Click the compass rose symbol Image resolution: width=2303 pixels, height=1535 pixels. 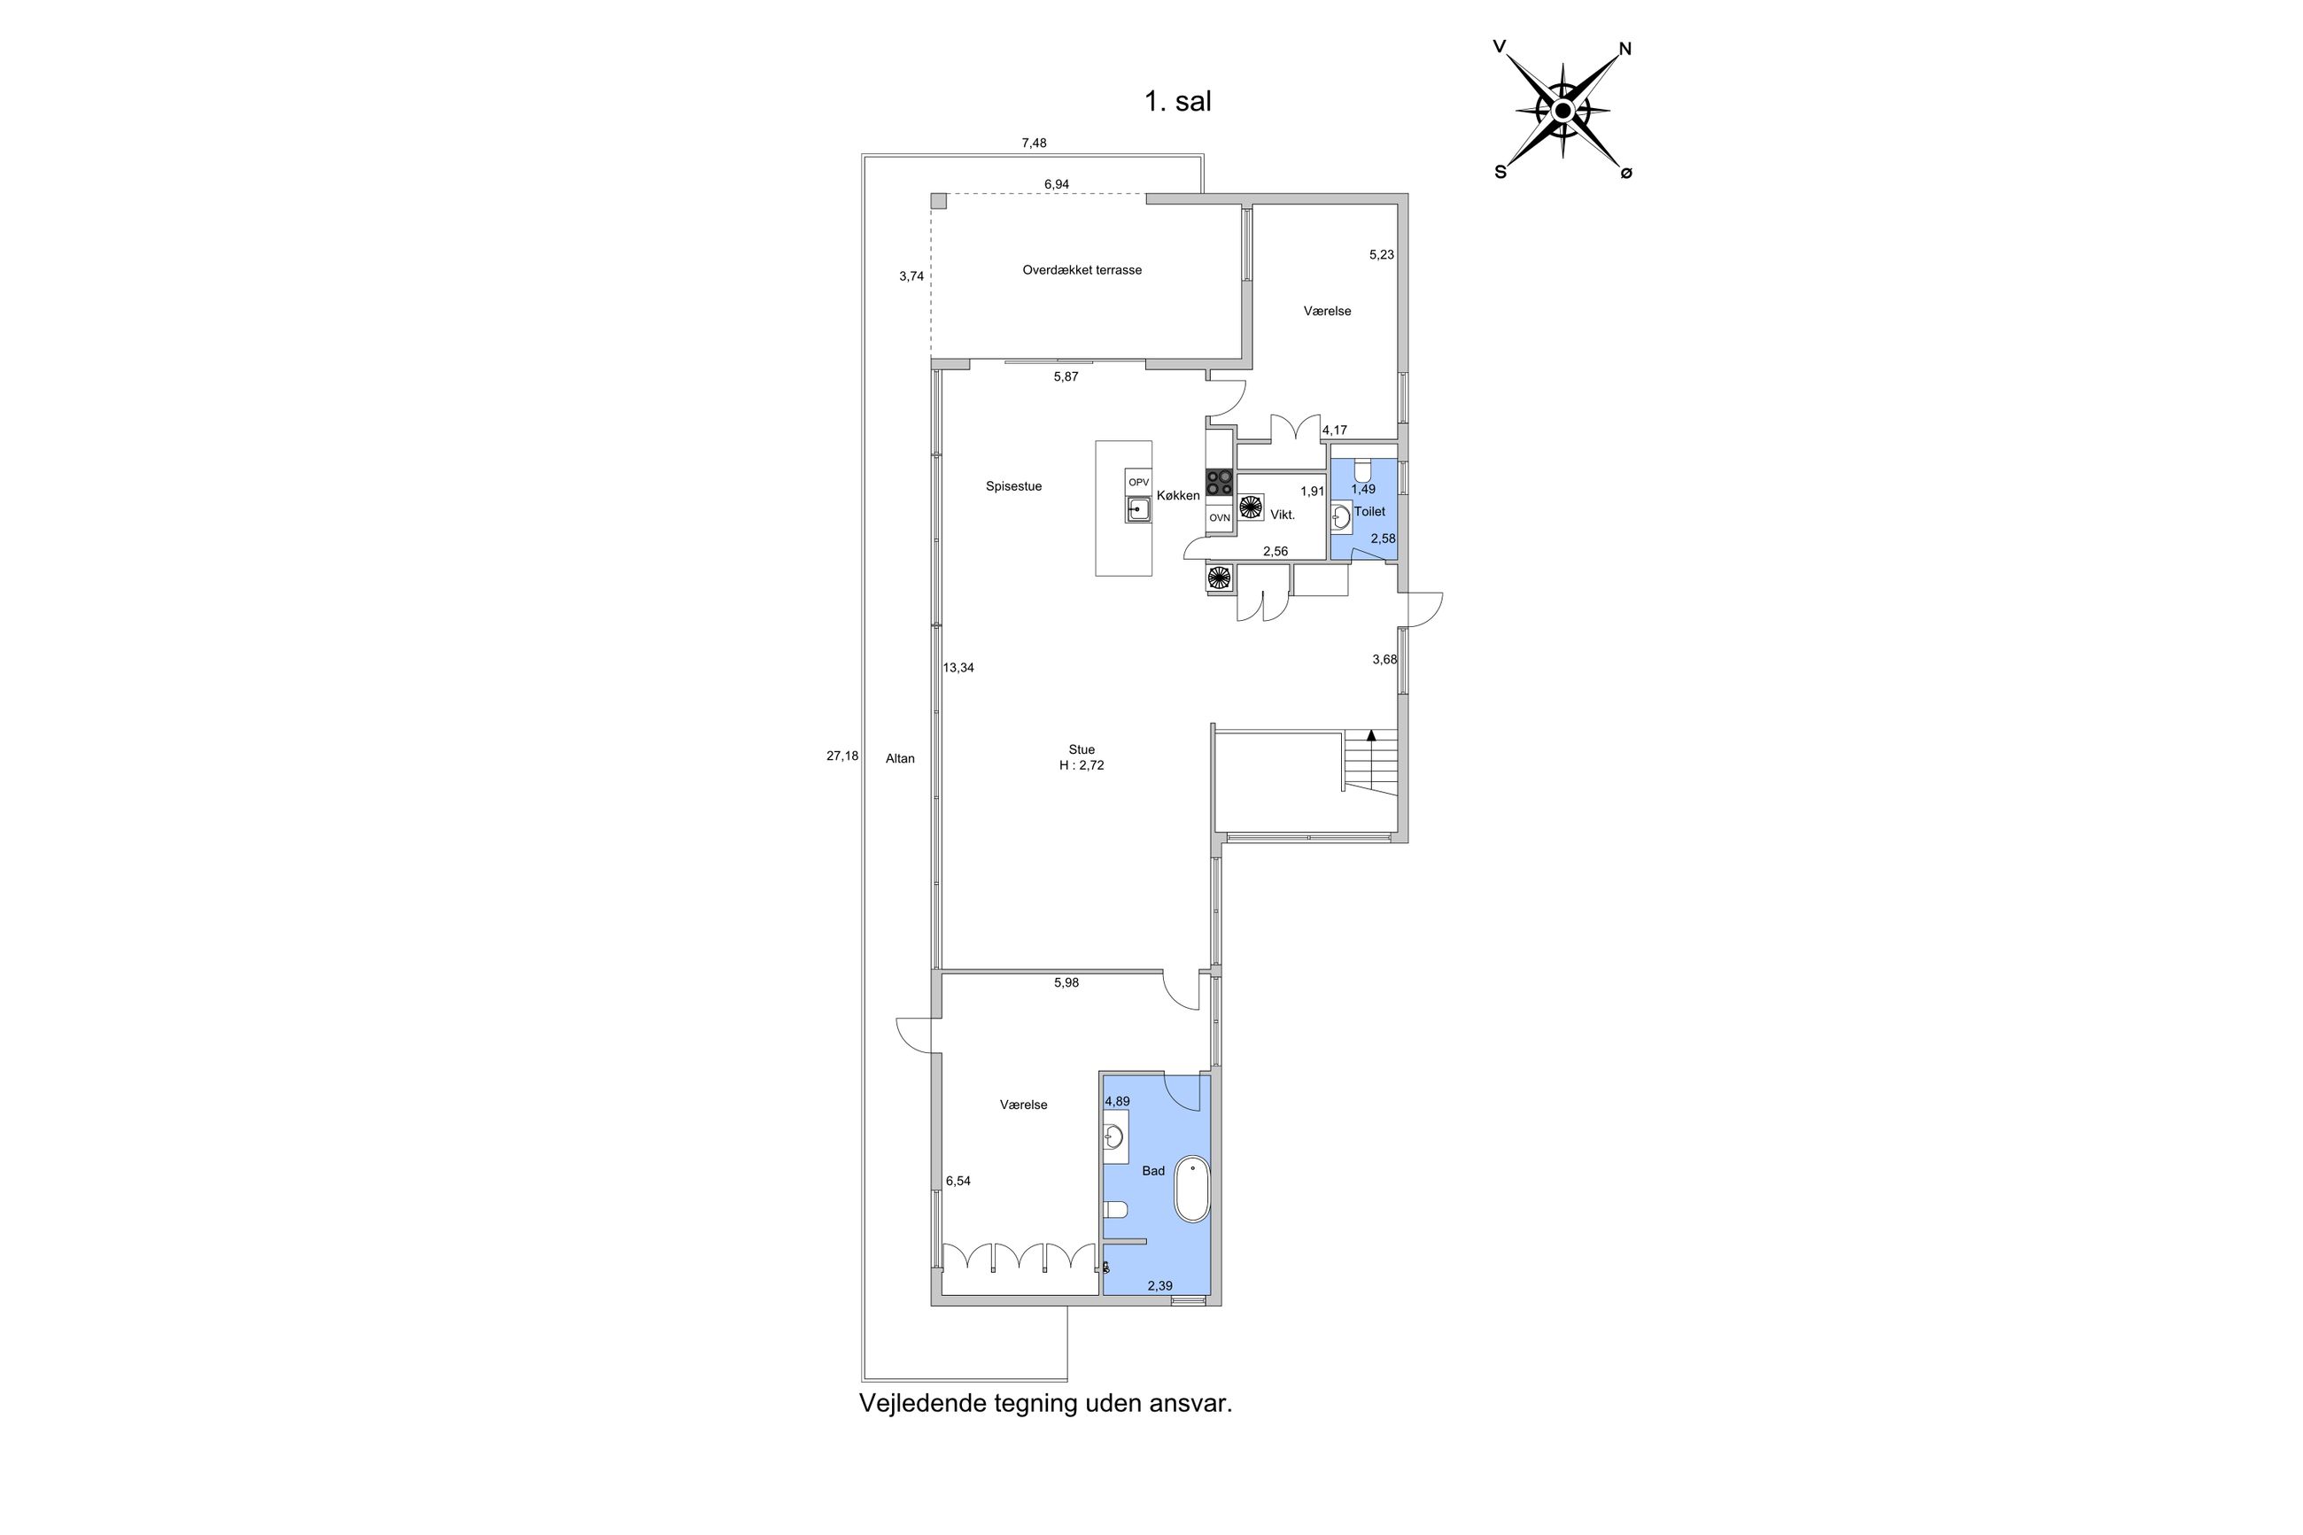tap(1563, 111)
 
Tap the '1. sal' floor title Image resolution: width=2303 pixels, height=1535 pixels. tap(1177, 102)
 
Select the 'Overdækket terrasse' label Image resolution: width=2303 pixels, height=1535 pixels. tap(1082, 270)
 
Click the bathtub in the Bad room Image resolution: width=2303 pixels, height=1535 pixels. tap(1191, 1189)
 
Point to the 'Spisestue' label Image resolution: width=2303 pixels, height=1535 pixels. tap(1013, 486)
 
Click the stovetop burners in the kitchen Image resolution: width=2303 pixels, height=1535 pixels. tap(1219, 482)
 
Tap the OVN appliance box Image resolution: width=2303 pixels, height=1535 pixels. tap(1219, 518)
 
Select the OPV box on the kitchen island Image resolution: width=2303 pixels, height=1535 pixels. tap(1138, 483)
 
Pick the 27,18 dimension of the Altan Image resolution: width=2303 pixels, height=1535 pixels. tap(841, 756)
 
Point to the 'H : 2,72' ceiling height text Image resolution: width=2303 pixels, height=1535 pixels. tap(1082, 765)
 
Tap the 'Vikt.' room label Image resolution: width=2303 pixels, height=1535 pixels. tap(1283, 515)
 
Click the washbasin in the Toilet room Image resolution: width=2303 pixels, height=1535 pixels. tap(1341, 517)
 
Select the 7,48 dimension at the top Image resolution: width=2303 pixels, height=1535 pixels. tap(1034, 143)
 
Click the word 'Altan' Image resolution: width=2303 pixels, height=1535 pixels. tap(899, 759)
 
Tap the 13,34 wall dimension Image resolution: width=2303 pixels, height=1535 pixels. tap(958, 669)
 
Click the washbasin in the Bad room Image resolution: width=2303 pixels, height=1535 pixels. tap(1113, 1136)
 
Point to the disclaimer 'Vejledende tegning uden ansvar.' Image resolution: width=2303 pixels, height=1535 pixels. tap(1045, 1404)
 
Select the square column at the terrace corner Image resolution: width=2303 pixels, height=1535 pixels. tap(939, 201)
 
